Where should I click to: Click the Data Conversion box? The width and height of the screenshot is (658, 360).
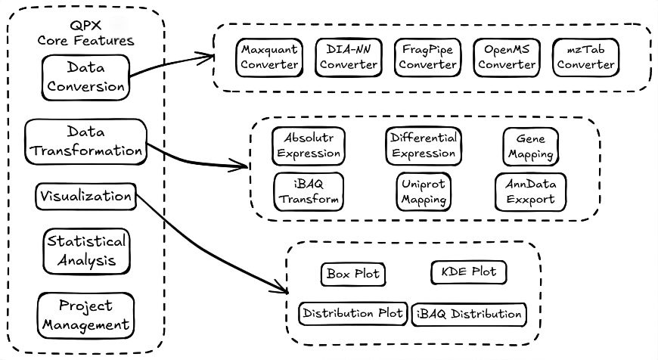(85, 77)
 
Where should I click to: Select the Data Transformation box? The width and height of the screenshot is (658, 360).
(85, 141)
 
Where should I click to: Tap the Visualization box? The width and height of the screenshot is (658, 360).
(85, 196)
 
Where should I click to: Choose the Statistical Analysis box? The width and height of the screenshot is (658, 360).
(85, 251)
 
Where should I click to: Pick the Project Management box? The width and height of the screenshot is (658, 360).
(85, 315)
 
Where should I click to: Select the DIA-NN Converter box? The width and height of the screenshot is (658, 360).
(348, 57)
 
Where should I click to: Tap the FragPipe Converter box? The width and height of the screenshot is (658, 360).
(427, 57)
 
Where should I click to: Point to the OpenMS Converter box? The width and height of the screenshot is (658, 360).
(506, 57)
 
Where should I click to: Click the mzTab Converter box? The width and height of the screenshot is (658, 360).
(585, 57)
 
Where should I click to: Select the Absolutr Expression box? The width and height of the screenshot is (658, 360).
(309, 146)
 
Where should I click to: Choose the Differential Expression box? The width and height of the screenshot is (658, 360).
(423, 146)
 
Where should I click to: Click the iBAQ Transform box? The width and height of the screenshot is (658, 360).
(309, 191)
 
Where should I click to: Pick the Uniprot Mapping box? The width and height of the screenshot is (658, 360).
(423, 191)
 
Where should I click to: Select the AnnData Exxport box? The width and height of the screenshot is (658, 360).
(530, 191)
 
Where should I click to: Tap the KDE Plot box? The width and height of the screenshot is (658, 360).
(468, 271)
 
